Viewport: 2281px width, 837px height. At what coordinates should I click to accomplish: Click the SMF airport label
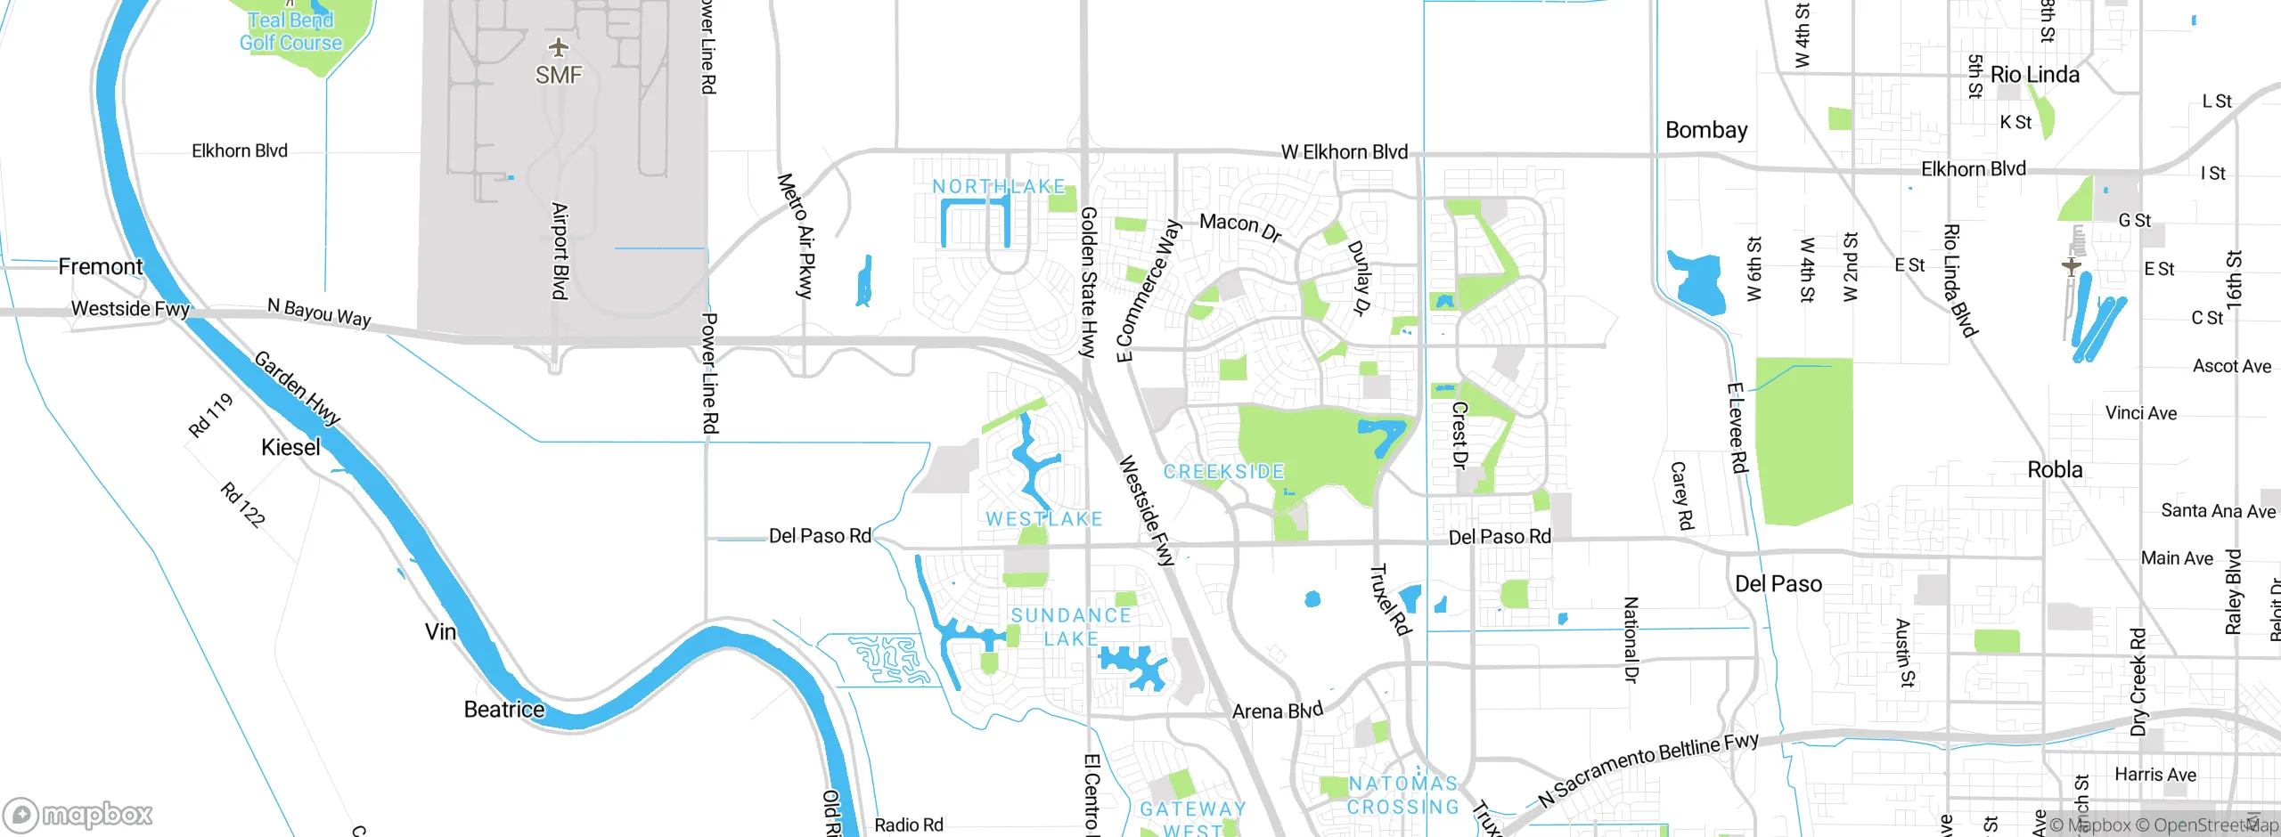click(559, 76)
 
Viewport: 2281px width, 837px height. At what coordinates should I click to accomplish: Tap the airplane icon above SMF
click(559, 46)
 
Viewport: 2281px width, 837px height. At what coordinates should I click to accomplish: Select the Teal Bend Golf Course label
click(290, 31)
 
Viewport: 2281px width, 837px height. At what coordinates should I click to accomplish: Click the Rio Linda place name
click(2034, 75)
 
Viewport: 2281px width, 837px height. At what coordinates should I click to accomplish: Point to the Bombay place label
click(1705, 130)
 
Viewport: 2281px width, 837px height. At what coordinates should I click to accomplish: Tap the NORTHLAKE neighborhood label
click(999, 187)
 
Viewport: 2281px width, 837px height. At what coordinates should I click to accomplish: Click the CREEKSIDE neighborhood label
click(1223, 472)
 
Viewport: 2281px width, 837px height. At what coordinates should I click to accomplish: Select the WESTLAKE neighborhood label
click(1044, 519)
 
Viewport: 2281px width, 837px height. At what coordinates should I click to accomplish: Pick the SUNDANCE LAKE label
click(1071, 627)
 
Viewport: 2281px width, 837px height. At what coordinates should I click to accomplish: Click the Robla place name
click(2055, 470)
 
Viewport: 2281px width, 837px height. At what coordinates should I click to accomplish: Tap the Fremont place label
click(100, 267)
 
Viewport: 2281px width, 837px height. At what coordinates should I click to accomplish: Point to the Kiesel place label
click(290, 447)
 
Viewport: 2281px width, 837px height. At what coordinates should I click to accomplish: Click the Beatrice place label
click(503, 710)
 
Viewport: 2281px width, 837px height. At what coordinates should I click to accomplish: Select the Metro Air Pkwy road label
click(797, 236)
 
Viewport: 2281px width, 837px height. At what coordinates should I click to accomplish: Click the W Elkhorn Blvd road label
click(1344, 152)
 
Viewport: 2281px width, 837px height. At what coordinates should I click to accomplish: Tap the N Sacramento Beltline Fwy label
click(1648, 769)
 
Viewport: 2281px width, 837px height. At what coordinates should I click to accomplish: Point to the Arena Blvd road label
click(1277, 711)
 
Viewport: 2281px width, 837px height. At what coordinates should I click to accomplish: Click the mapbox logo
click(78, 814)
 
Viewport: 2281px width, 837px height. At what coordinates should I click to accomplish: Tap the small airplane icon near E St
click(2071, 265)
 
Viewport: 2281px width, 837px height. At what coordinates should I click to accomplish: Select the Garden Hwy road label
click(298, 388)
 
